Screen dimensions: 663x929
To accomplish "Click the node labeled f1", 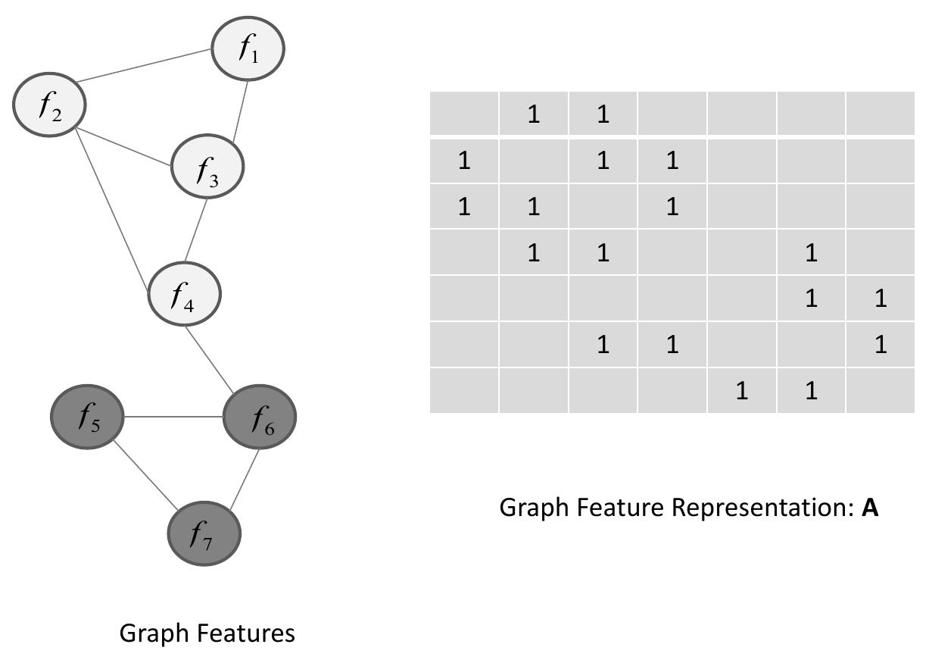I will [x=248, y=48].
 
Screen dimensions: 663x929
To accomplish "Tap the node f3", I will [x=207, y=166].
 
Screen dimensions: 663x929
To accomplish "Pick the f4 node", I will [x=184, y=294].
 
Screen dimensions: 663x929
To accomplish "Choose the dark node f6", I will [x=260, y=417].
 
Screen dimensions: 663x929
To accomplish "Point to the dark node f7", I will [x=204, y=533].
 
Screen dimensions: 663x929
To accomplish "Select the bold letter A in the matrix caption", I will [x=870, y=508].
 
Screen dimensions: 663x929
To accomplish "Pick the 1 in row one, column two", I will [x=533, y=115].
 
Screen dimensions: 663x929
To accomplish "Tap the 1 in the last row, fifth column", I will [x=741, y=391].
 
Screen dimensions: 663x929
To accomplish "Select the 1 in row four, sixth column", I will [x=811, y=253].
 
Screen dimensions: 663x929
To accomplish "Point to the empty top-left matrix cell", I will [x=464, y=114].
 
